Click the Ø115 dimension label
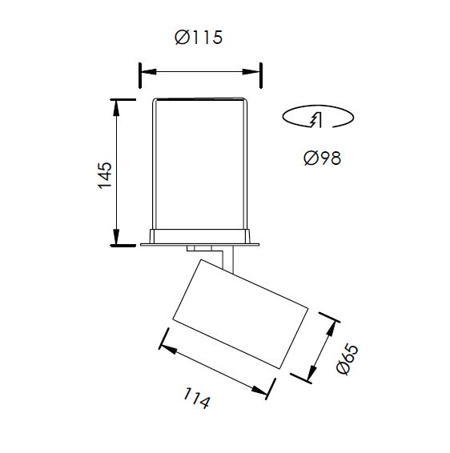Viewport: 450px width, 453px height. coord(199,38)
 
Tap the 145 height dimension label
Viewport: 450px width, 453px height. coord(105,175)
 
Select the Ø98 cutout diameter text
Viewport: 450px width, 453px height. coord(323,158)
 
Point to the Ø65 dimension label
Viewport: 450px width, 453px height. coord(348,359)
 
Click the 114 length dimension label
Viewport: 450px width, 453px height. coord(196,398)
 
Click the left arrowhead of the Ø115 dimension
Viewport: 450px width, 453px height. coord(149,72)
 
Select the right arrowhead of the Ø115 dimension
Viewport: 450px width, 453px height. coord(251,72)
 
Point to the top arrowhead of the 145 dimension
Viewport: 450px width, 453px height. coord(116,108)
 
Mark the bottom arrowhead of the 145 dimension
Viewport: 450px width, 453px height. coord(116,237)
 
